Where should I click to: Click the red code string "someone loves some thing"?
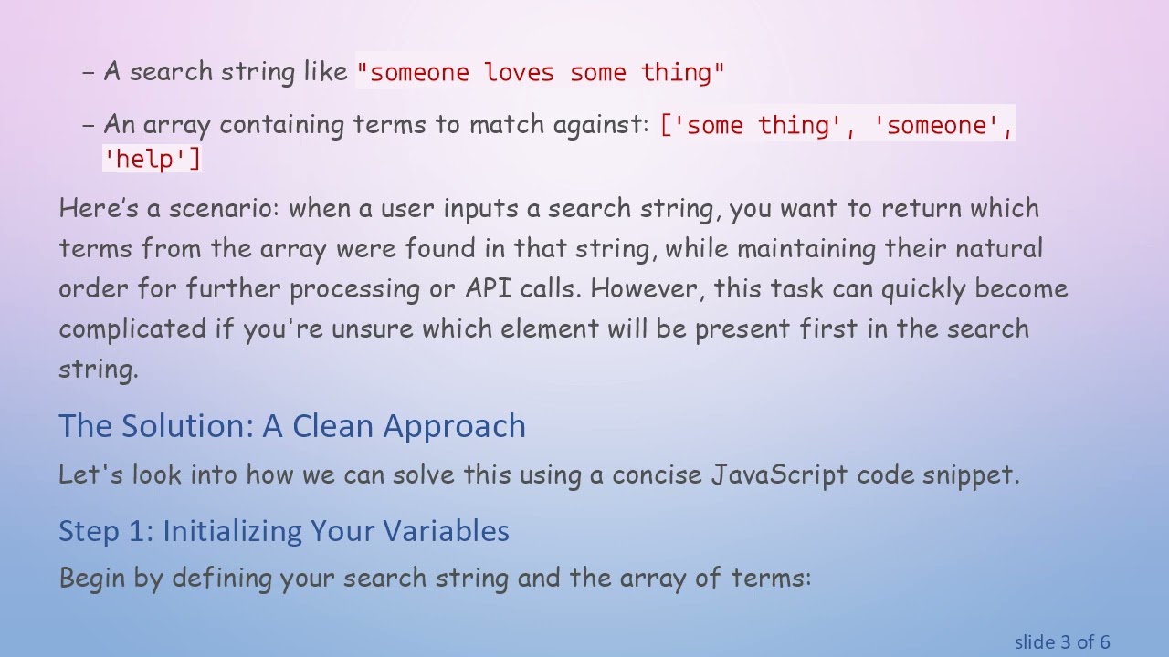(x=541, y=72)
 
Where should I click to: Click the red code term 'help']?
(x=152, y=159)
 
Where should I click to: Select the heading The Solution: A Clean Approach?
(x=292, y=426)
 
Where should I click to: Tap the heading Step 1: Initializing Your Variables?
(x=284, y=531)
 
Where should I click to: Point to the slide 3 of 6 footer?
(x=1061, y=641)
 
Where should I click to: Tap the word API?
(x=489, y=288)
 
